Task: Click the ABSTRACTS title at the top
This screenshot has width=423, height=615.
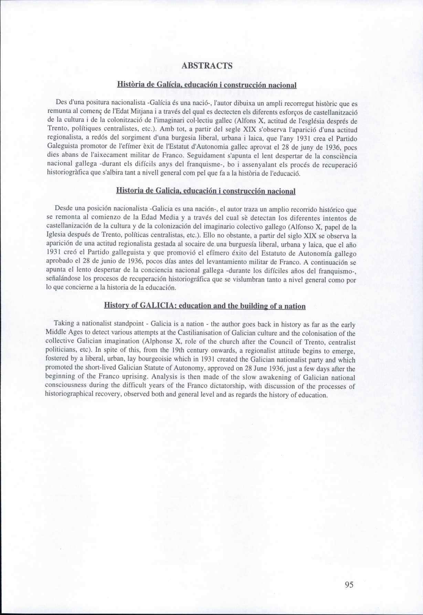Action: click(x=207, y=66)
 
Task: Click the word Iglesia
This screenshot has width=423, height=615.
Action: click(x=56, y=236)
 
